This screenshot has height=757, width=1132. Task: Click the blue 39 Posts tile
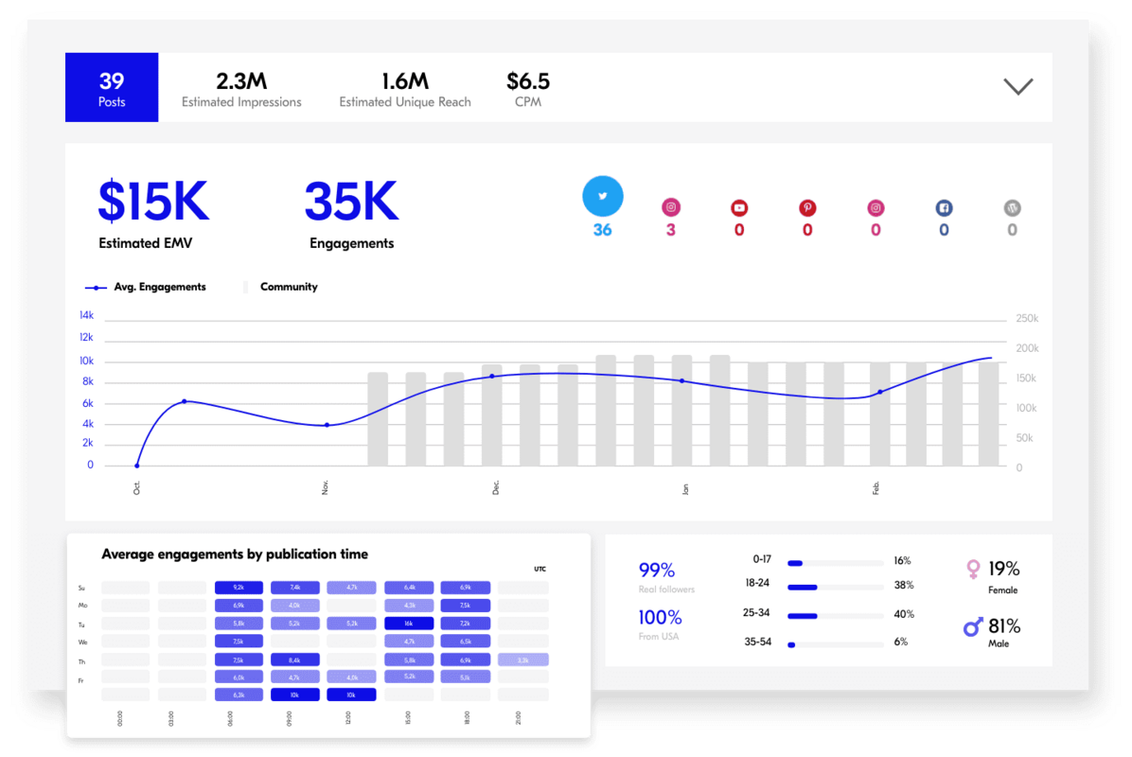coord(112,88)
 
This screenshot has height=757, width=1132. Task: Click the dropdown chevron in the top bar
coord(1017,86)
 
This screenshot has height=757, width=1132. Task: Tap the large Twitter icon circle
coord(603,197)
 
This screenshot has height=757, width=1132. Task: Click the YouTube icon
coord(739,208)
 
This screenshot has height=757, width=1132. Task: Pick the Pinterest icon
coord(807,208)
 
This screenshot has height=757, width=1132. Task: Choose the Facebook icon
coord(944,208)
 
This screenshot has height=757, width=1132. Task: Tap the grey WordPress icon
coord(1012,208)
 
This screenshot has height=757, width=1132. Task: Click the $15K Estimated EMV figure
coord(153,202)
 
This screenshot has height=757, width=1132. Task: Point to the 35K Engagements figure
coord(351,202)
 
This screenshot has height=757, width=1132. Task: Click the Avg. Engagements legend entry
coord(146,287)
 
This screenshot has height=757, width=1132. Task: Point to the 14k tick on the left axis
coord(86,315)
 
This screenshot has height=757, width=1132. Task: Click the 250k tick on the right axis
coord(1027,319)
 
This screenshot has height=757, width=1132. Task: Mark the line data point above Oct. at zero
coord(137,466)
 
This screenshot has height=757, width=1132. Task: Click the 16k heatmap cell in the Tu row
coord(409,624)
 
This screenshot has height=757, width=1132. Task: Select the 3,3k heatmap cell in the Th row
coord(523,660)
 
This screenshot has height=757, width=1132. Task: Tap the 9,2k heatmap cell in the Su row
coord(239,588)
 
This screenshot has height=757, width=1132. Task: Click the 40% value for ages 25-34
coord(903,614)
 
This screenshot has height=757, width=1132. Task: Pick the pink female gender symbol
coord(972,569)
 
